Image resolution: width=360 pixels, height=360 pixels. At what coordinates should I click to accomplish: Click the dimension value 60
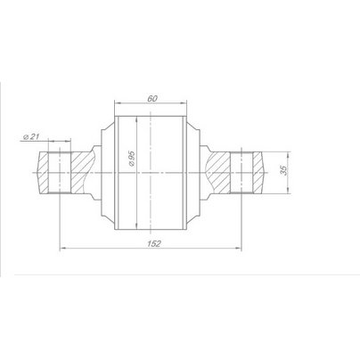tap(152, 99)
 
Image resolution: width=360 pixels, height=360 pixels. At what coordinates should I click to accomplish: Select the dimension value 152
tap(154, 243)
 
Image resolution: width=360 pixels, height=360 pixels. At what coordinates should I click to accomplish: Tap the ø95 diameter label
tap(132, 159)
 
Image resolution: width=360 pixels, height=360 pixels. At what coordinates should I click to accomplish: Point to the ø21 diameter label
tap(31, 136)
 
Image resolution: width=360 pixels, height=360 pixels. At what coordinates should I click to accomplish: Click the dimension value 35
tap(284, 170)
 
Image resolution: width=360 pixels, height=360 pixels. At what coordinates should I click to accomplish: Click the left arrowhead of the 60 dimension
tap(117, 103)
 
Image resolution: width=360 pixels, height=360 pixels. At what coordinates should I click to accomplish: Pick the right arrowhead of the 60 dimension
tap(184, 103)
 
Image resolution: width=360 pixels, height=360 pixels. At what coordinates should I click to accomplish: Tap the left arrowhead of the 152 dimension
tap(62, 248)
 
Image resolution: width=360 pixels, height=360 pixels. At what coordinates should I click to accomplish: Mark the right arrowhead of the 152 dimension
tap(239, 248)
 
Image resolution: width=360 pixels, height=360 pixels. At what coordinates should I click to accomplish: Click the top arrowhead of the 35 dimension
tap(288, 155)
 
